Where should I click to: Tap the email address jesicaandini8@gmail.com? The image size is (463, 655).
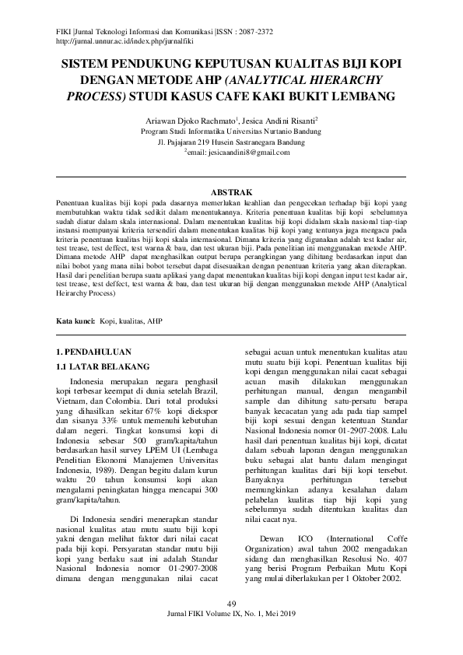238,153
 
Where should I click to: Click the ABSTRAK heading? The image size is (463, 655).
231,191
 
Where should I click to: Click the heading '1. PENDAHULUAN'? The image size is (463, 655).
99,352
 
